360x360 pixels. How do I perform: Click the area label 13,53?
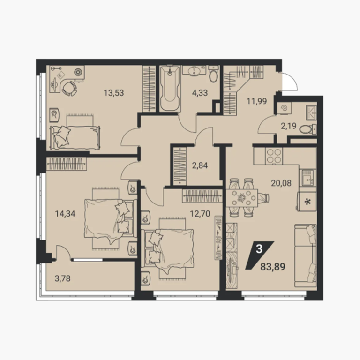113,93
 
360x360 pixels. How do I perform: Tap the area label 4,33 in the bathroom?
200,93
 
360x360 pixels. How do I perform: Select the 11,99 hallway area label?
257,101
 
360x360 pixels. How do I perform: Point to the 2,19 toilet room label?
289,126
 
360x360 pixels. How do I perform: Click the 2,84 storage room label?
200,165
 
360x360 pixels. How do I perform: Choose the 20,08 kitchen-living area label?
281,183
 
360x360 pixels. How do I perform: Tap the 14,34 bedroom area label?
65,214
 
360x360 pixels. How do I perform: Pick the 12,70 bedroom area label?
200,214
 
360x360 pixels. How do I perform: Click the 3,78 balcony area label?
63,278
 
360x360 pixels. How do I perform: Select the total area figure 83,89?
273,267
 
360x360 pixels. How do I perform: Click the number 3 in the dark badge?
259,249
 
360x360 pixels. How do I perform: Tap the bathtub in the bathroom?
169,89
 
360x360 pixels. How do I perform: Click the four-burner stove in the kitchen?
274,156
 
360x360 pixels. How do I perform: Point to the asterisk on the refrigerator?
307,202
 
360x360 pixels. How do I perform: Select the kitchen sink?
307,178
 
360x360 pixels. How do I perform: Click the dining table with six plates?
242,197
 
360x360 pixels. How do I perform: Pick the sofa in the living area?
305,255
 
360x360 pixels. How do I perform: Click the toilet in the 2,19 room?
307,129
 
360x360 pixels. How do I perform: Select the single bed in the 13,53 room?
75,137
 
